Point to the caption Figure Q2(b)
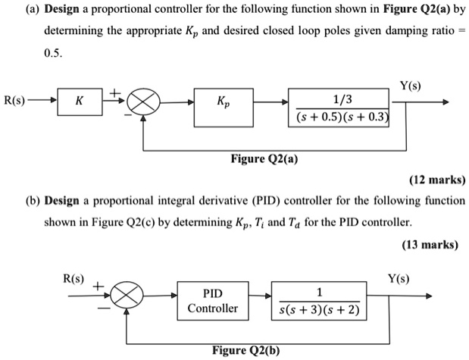pos(245,352)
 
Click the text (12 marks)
pos(436,180)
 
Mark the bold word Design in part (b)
pos(67,202)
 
